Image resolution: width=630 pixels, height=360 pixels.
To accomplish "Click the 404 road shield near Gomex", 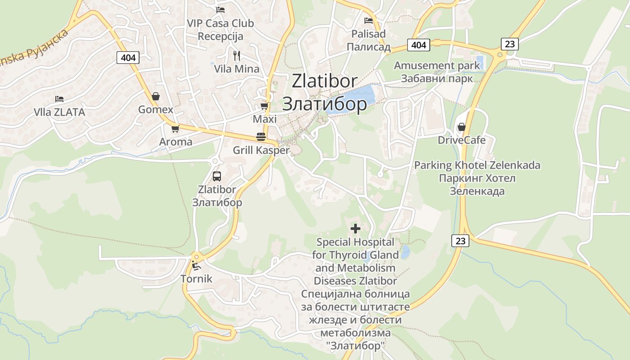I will coord(128,57).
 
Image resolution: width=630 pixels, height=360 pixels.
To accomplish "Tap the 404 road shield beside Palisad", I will coord(418,45).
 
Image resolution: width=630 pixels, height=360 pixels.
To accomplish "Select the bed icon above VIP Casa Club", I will coord(220,9).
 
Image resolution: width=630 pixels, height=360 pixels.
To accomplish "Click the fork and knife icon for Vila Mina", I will coord(237,56).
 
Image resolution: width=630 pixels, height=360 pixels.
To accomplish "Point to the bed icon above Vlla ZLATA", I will coord(59,99).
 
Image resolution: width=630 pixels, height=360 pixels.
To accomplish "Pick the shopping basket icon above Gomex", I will coord(156,96).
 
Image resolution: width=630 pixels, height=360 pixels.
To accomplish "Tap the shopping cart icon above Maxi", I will coord(264,106).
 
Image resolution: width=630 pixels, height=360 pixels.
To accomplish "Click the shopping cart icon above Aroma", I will coord(175,129).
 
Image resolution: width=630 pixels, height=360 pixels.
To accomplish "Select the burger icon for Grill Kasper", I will coord(261,137).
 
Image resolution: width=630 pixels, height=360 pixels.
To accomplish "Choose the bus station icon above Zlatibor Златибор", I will coord(217,176).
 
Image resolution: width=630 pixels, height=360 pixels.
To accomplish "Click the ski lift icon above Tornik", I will coord(196,265).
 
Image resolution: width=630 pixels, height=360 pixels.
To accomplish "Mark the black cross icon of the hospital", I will coord(355,229).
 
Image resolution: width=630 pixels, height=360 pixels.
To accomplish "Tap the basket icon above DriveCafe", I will coord(461,127).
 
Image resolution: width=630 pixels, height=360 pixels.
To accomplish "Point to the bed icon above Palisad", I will coord(369,20).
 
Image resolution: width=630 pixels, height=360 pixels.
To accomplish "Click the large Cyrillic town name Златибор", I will coord(324,104).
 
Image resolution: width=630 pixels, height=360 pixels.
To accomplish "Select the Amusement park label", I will coord(437,66).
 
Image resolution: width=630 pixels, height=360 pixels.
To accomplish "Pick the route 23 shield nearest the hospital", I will coord(460,241).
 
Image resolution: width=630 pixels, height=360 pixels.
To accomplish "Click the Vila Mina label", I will coord(237,69).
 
